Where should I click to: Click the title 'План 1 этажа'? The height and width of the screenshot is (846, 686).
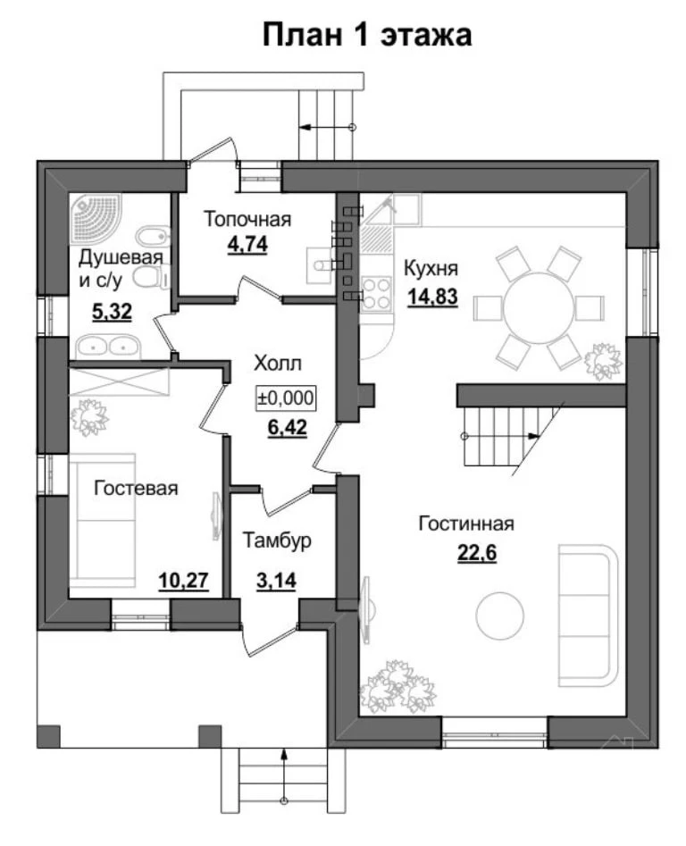coord(367,36)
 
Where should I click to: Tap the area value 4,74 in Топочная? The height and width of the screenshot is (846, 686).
coord(247,245)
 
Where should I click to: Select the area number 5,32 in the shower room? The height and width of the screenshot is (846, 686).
coord(113,311)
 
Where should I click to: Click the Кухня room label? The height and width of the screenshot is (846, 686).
coord(431,268)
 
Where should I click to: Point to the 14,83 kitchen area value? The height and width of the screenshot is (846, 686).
coord(432,297)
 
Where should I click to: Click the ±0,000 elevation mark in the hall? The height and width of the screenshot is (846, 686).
coord(285,398)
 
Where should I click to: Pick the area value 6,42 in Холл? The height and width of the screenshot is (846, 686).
coord(288,427)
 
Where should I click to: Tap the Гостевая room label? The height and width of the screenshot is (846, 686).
coord(136,489)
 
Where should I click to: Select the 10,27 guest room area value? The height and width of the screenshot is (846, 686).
coord(183,581)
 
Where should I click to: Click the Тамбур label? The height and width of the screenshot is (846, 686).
coord(277,540)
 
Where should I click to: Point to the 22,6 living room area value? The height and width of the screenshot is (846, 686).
coord(477,552)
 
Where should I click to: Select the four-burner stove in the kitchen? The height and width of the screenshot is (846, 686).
coord(376,294)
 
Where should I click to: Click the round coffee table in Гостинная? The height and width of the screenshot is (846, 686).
coord(500,616)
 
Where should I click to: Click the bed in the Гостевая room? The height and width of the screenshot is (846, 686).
coord(102,520)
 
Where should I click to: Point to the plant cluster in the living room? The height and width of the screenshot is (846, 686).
coord(397,685)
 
